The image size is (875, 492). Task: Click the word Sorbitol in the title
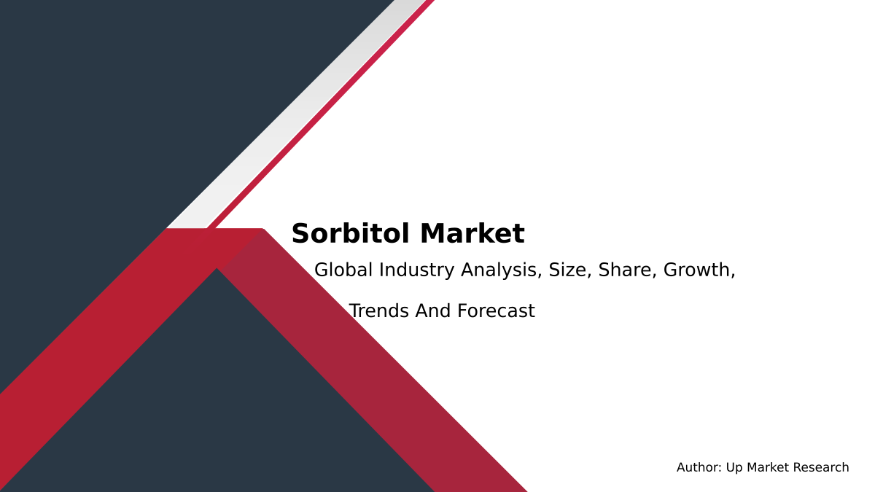point(351,234)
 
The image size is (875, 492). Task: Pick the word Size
point(570,270)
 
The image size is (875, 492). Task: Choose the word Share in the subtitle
point(628,270)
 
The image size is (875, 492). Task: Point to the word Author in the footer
point(699,468)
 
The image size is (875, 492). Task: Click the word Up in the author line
point(734,468)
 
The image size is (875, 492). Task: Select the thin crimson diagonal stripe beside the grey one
point(321,117)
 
